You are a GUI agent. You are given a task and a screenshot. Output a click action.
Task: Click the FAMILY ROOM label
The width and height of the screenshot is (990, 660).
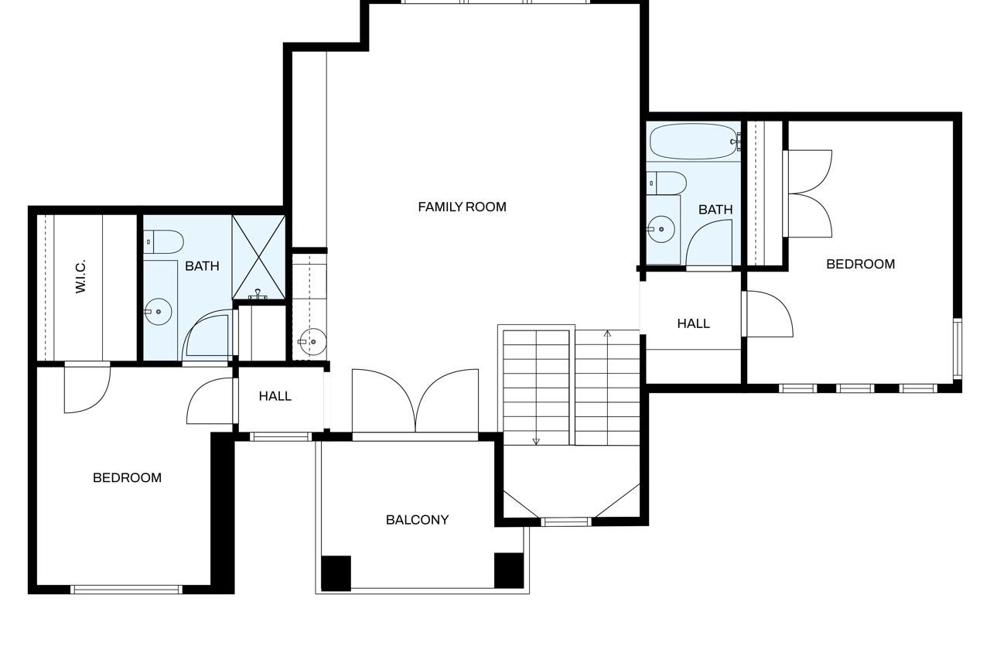462,207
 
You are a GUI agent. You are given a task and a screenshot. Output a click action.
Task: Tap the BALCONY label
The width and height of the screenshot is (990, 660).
417,520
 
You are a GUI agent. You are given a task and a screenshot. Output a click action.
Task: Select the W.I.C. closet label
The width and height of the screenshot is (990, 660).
80,276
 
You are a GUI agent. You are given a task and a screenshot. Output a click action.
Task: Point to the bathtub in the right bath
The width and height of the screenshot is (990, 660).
694,142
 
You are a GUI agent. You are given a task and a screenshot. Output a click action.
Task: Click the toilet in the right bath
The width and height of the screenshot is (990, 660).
667,183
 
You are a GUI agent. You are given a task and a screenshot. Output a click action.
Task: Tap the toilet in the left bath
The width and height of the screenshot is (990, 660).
163,241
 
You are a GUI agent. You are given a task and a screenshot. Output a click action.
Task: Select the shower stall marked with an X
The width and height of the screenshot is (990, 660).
259,258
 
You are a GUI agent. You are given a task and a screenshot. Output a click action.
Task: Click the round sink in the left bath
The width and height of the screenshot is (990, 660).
158,312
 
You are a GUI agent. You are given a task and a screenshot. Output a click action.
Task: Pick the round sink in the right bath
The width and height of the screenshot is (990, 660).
661,229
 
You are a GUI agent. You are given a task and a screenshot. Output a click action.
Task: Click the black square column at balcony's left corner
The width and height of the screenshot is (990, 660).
336,573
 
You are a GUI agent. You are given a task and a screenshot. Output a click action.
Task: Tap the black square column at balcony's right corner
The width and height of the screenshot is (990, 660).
509,570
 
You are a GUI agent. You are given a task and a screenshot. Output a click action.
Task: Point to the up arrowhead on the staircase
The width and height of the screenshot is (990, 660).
607,333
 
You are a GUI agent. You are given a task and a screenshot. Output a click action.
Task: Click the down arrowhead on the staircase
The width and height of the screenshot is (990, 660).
536,441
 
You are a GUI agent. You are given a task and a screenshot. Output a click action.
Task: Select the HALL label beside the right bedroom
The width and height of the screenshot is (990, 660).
694,323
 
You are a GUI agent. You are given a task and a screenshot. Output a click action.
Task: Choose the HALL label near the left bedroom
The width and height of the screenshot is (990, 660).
275,396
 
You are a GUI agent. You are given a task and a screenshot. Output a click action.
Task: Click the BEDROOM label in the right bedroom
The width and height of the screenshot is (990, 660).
861,264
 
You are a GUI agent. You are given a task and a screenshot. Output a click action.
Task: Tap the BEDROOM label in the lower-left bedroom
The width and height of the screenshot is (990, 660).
128,477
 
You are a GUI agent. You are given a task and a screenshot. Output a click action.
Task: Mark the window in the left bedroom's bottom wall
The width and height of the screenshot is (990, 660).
126,590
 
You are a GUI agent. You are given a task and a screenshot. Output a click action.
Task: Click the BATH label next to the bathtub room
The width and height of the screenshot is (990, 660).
715,210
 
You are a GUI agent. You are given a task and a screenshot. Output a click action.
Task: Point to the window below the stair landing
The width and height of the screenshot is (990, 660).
566,522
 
